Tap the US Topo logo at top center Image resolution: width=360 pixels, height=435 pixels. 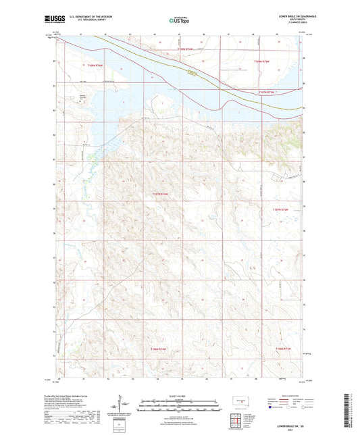[180, 21]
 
